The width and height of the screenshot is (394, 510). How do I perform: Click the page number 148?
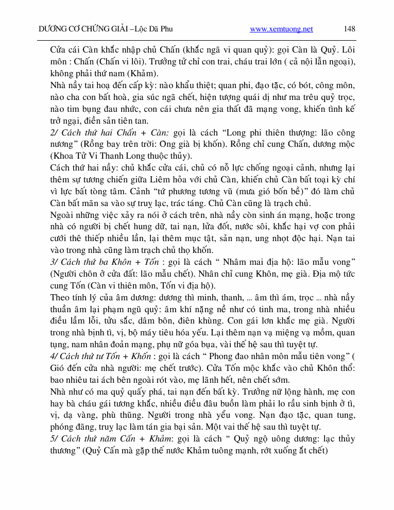coord(349,29)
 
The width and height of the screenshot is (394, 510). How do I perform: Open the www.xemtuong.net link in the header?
coord(281,29)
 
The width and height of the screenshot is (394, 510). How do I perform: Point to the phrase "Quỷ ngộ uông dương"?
coord(276,438)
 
